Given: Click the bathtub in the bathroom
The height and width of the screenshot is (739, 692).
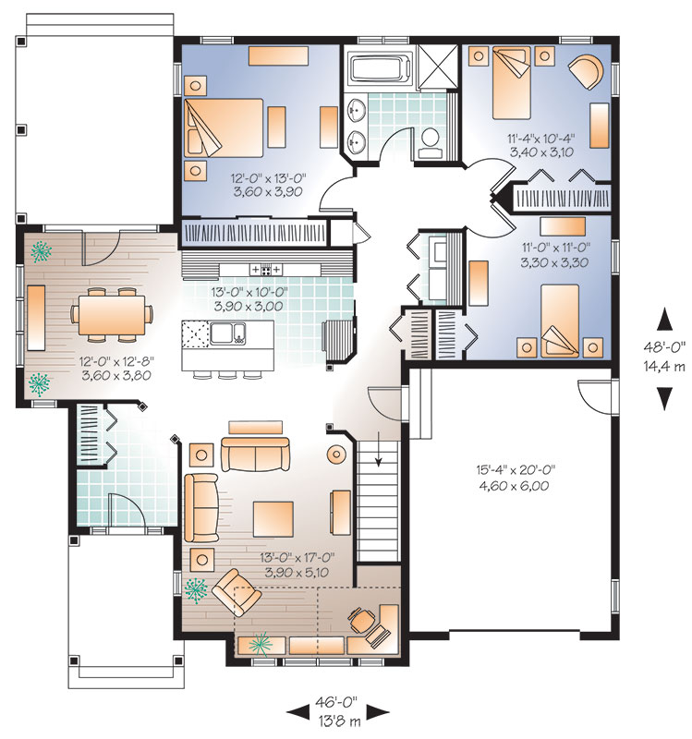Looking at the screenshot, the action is (x=381, y=68).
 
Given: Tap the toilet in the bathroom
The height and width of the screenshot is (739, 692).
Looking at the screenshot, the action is (x=430, y=142).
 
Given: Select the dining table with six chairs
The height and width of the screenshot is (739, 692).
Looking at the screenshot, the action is (x=112, y=314).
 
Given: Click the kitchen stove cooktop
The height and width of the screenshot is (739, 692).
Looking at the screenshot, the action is (x=265, y=270).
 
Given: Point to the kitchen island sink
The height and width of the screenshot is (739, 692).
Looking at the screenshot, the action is (x=227, y=333).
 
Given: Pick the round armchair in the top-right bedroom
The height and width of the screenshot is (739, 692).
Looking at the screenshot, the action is (x=586, y=71).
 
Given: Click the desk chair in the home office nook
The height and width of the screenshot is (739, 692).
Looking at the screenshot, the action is (x=362, y=620).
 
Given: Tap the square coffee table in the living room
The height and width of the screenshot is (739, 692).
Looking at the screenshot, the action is (x=273, y=519).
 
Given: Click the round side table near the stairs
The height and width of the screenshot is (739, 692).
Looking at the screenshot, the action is (x=336, y=454).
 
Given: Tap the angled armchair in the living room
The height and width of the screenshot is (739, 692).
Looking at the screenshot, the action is (x=237, y=592).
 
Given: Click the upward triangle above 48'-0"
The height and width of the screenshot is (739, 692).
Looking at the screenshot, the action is (x=664, y=319).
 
